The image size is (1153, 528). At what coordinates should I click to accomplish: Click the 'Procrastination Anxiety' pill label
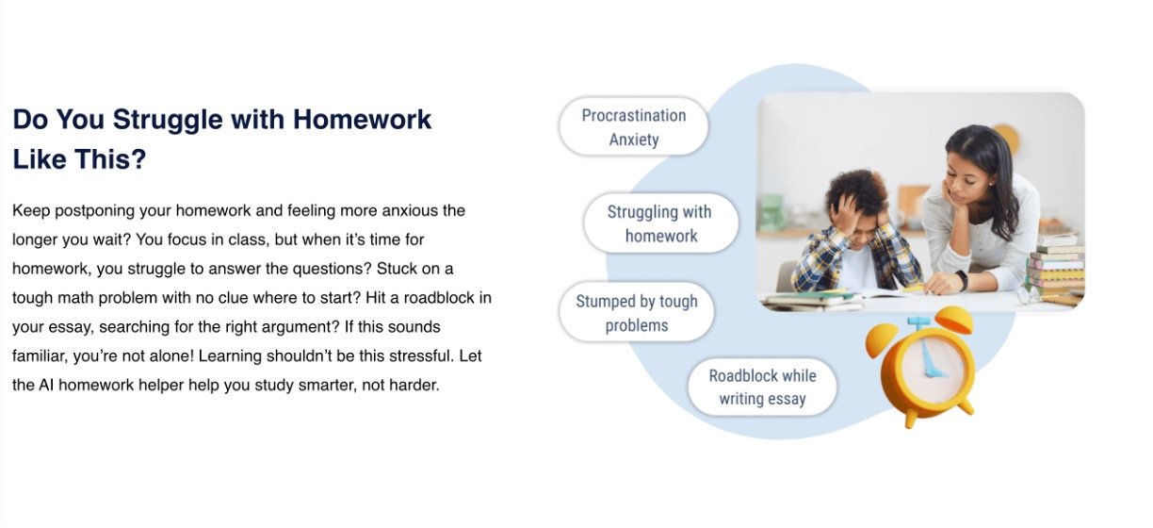634,126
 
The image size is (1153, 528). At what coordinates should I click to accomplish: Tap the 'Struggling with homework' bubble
661,223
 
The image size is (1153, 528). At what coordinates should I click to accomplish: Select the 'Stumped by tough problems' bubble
637,312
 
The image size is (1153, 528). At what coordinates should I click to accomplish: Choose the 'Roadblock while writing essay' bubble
762,387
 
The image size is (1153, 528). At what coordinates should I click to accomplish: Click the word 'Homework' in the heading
362,120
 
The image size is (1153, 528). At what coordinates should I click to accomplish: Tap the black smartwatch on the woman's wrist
962,280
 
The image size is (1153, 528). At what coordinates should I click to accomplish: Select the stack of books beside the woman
1055,268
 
